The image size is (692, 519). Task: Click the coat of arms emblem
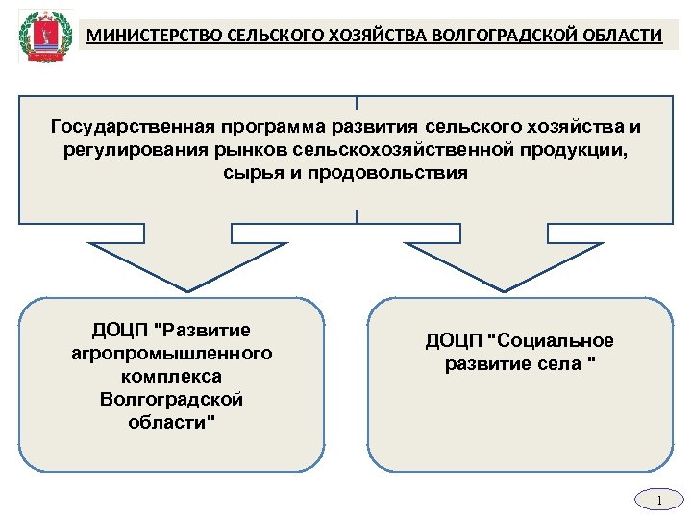41,37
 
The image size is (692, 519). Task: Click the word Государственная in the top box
132,127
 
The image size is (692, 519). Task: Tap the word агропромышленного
172,353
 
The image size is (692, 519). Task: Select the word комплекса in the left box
172,376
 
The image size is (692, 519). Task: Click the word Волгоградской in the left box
172,399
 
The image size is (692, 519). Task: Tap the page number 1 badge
659,501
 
